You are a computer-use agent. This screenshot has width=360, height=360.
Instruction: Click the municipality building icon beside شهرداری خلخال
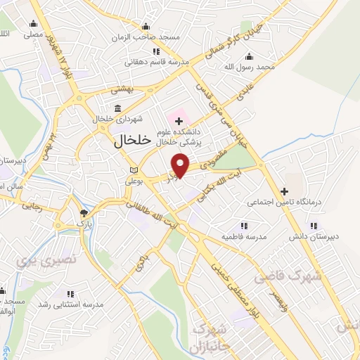[x=117, y=109]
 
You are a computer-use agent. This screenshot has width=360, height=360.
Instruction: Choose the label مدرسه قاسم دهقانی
[x=157, y=62]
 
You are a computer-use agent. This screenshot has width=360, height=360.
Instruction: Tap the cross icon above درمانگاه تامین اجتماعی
[x=284, y=191]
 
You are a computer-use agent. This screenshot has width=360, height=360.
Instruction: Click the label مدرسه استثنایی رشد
[x=70, y=304]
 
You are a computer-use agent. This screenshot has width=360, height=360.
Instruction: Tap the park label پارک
[x=85, y=223]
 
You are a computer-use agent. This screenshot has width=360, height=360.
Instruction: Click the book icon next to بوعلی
[x=134, y=171]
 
